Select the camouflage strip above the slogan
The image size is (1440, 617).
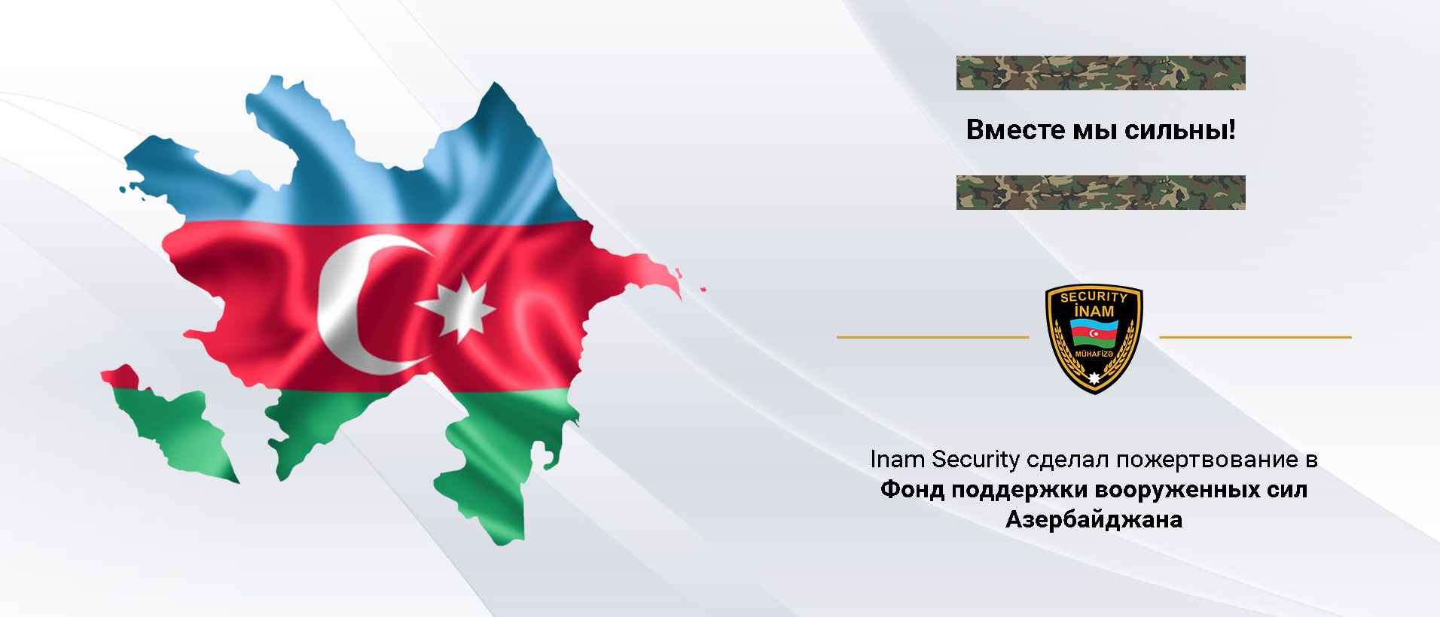click(x=1100, y=73)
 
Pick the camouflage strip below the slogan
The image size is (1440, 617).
click(x=1100, y=193)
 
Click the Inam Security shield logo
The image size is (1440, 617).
click(x=1094, y=339)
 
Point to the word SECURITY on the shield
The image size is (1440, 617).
click(x=1094, y=297)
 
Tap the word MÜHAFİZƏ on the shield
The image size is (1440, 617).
click(x=1094, y=354)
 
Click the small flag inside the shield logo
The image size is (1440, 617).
click(x=1094, y=332)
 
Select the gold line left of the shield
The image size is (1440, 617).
click(x=932, y=337)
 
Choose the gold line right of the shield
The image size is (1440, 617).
click(x=1255, y=337)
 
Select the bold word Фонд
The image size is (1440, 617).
click(x=912, y=490)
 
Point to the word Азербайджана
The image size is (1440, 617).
click(x=1094, y=519)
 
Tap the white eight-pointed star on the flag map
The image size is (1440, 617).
click(x=456, y=307)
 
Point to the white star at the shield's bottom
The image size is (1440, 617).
click(x=1094, y=377)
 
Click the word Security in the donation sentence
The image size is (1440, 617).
click(x=976, y=460)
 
